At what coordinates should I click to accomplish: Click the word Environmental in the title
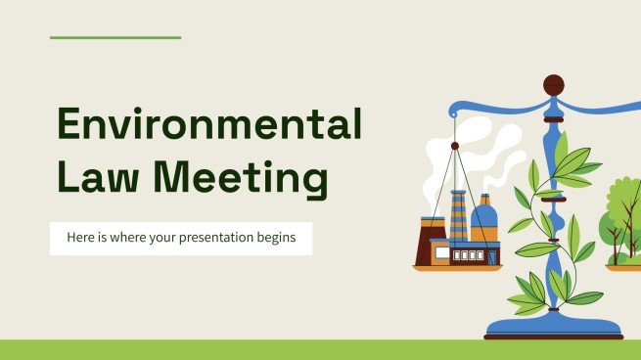point(208,127)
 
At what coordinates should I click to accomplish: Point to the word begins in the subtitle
point(278,238)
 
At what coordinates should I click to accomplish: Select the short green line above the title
point(115,38)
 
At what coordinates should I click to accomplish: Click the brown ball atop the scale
point(553,84)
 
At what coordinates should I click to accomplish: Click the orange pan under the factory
point(456,266)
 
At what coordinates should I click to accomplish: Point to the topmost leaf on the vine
point(562,145)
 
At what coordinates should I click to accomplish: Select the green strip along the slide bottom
point(320,349)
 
